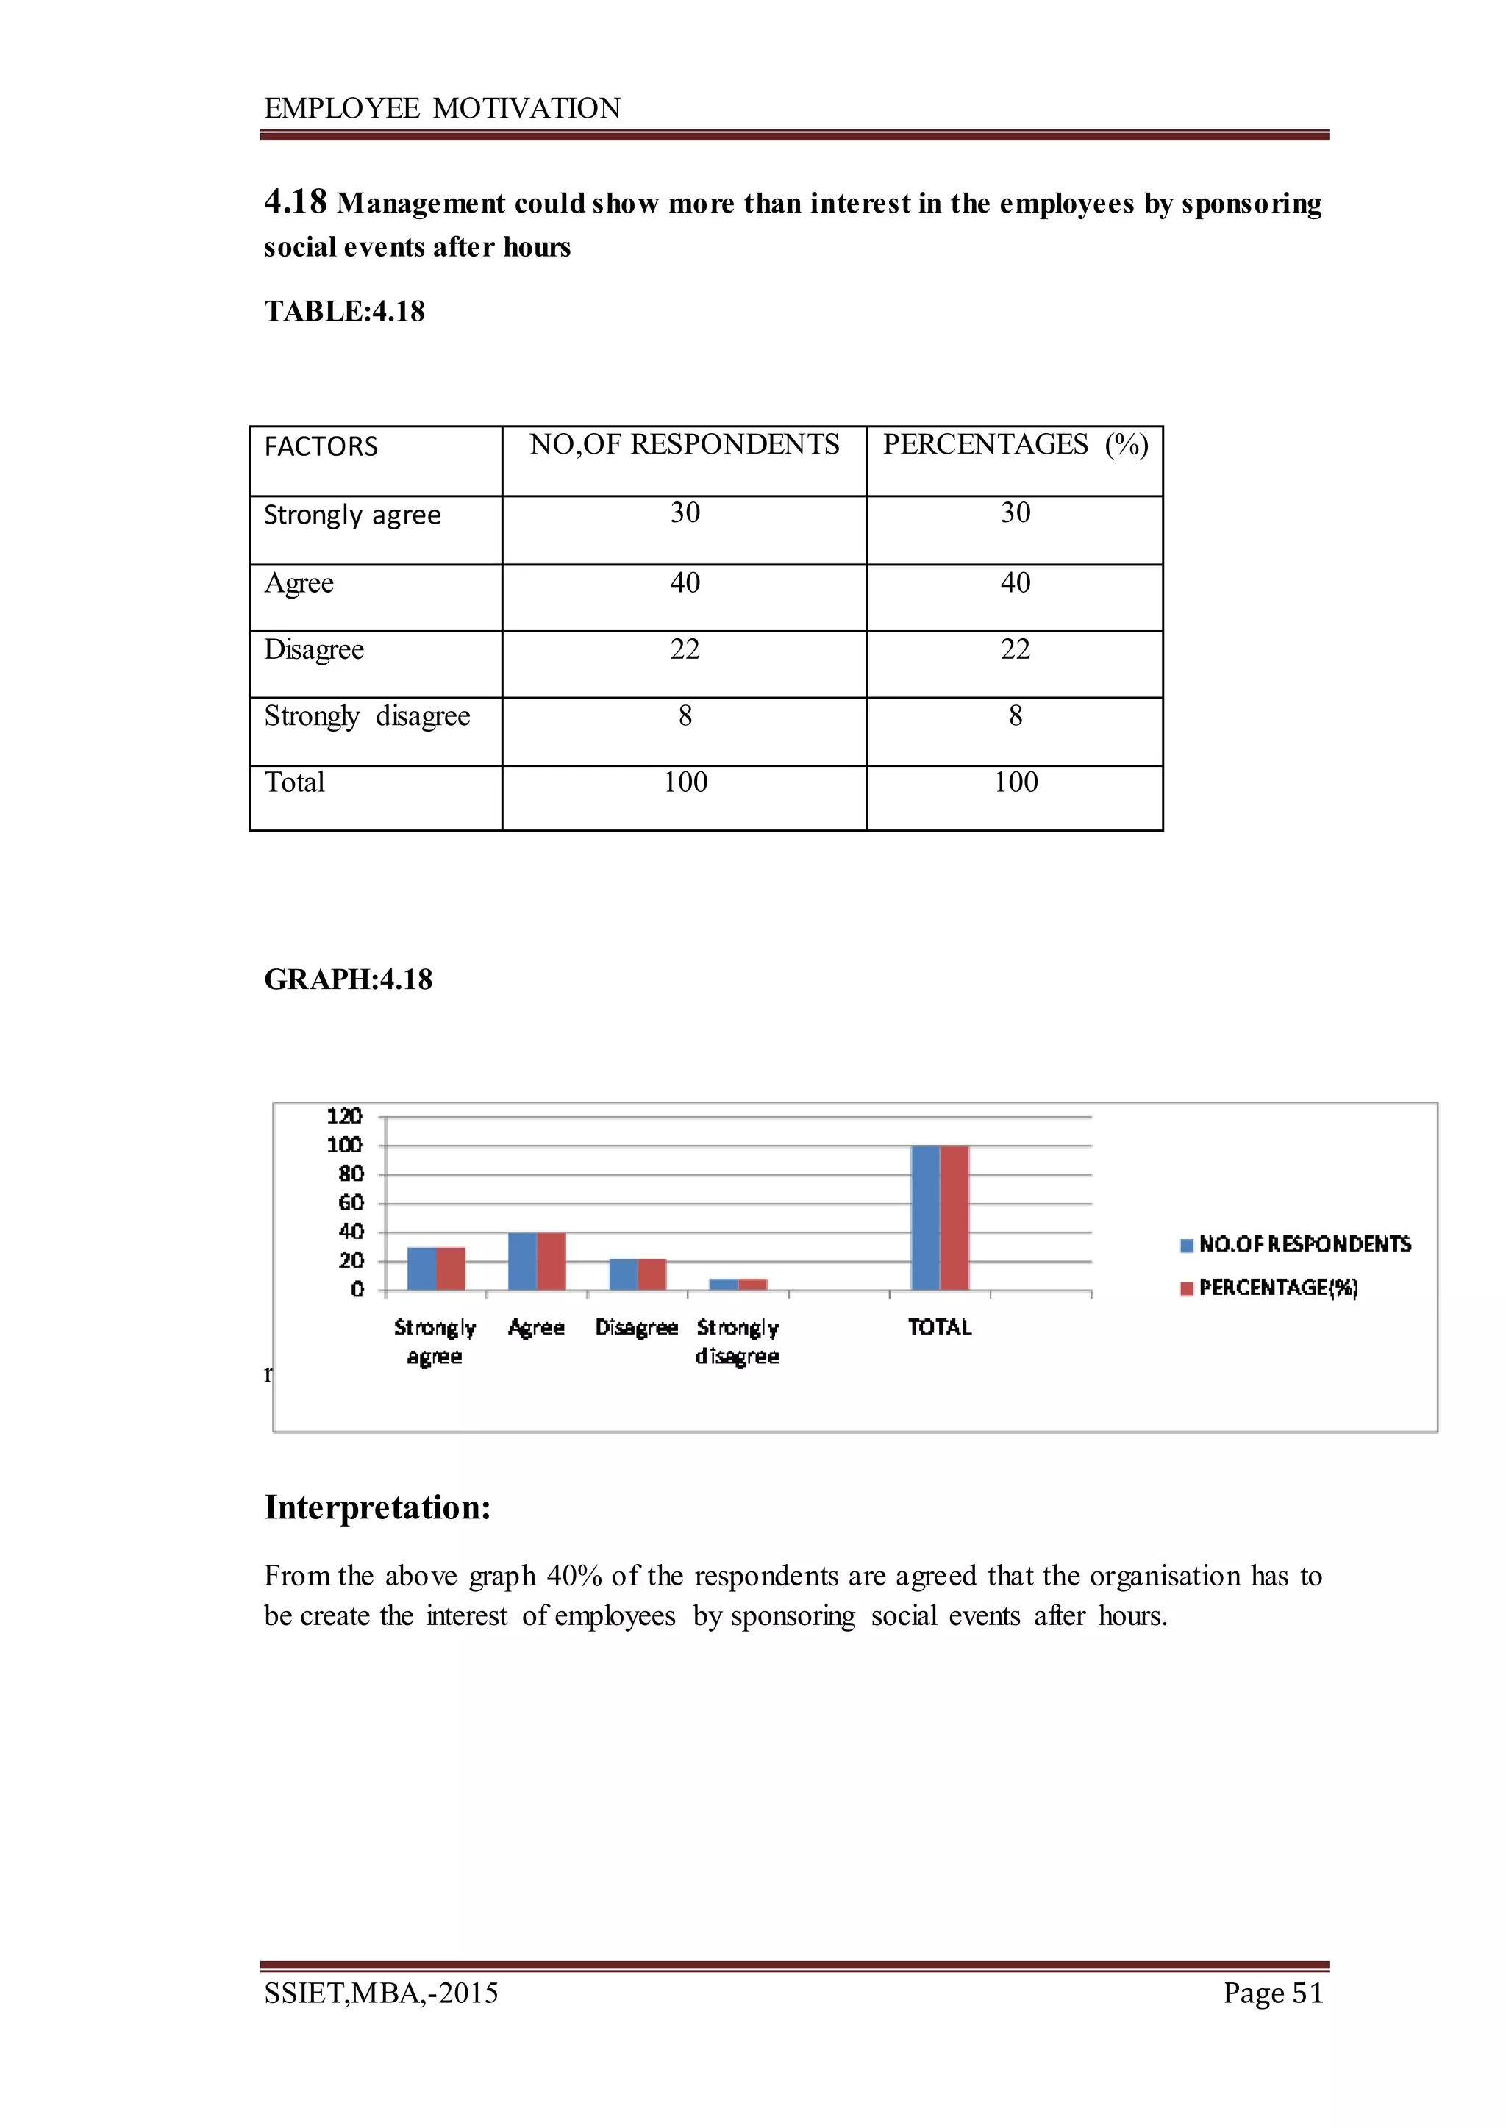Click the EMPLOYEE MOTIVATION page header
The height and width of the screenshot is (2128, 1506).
point(443,109)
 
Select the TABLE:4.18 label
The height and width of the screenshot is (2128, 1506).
point(344,312)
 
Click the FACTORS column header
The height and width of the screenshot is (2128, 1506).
point(321,447)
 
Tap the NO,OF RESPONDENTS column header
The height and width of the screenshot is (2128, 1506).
point(685,445)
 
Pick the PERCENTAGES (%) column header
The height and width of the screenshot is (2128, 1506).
point(1015,445)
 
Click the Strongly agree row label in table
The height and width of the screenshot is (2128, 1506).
point(352,515)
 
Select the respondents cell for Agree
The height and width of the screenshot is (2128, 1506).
point(685,583)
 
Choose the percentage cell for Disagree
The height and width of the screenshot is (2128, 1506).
point(1015,649)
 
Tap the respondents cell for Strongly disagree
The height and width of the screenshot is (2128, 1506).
point(685,715)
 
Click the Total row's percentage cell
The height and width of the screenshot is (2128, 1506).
point(1015,782)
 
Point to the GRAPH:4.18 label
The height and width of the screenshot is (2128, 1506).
point(348,980)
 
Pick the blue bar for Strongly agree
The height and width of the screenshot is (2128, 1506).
point(422,1268)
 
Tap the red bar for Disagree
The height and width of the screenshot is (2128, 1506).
point(652,1274)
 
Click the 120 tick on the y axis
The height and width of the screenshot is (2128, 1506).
point(344,1115)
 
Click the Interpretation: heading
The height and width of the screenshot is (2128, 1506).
point(376,1507)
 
